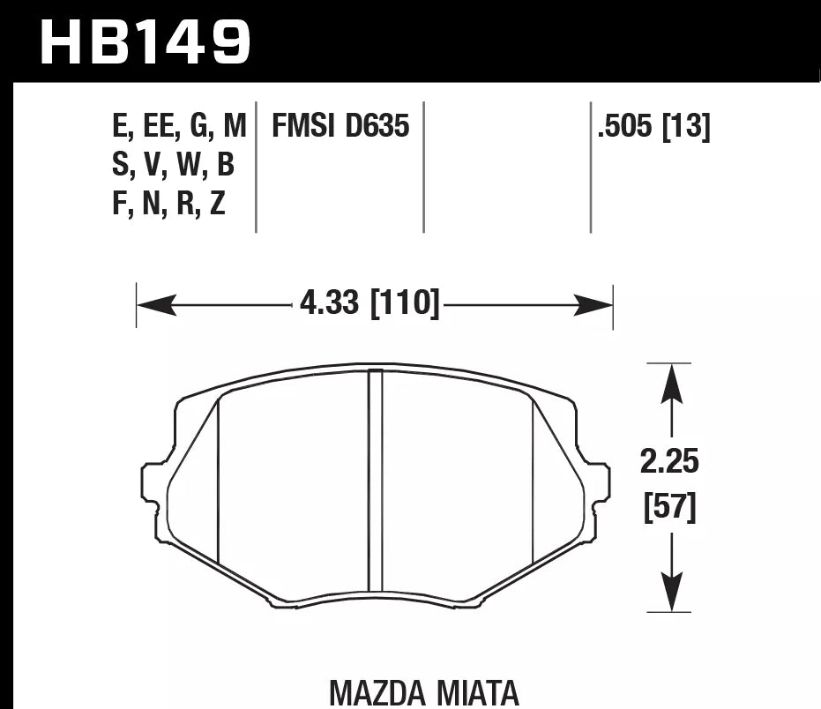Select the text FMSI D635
tap(340, 127)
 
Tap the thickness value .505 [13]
tap(653, 127)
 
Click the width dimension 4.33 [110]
tap(369, 305)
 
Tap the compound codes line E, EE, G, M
tap(179, 127)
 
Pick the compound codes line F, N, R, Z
tap(168, 204)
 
